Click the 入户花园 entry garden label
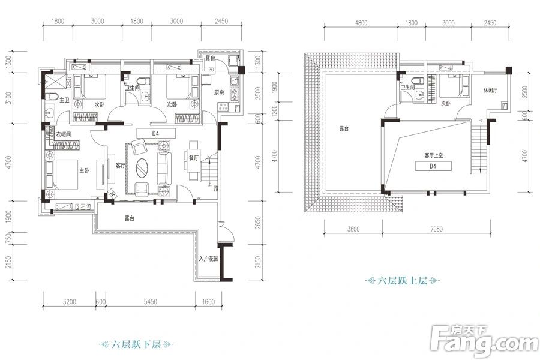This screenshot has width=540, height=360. point(208,260)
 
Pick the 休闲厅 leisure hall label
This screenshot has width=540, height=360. point(491,90)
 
